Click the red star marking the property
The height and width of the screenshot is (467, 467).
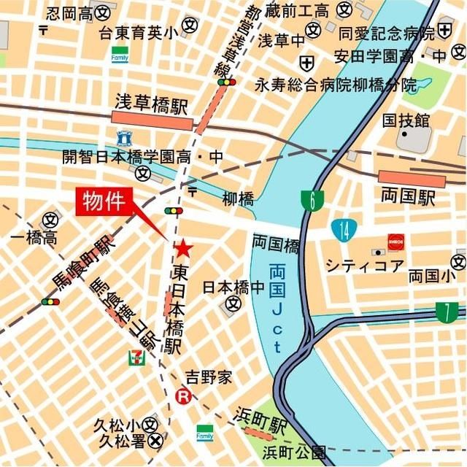click(x=183, y=249)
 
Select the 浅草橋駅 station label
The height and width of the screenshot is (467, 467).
click(x=151, y=104)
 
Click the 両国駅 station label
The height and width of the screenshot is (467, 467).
click(x=408, y=196)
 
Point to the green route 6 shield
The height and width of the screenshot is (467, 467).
click(x=312, y=201)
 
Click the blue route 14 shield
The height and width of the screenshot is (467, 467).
click(x=341, y=230)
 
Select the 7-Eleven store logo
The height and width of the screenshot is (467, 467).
click(x=136, y=356)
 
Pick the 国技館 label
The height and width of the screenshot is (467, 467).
click(x=405, y=119)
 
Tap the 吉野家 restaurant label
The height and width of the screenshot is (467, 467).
click(x=208, y=377)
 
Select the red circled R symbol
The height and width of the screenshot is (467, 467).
click(x=184, y=397)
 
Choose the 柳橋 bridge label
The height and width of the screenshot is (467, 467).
click(x=238, y=198)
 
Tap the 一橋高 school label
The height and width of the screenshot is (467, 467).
click(x=33, y=239)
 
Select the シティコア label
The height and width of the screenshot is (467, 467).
click(x=363, y=265)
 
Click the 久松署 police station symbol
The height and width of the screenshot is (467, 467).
click(x=155, y=441)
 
